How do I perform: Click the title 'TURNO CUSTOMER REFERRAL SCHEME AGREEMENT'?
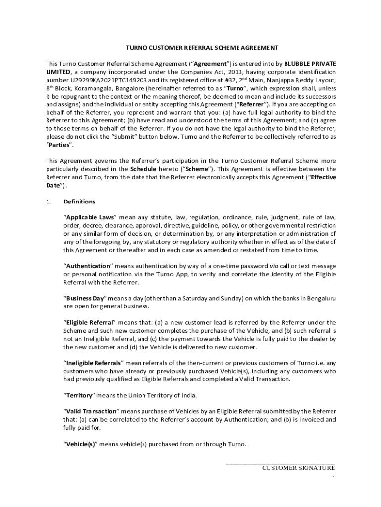201,48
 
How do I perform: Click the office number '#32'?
215,80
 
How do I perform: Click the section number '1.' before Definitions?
48,202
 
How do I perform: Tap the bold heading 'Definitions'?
79,202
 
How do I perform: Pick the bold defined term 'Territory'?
79,395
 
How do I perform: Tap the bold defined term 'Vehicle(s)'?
80,444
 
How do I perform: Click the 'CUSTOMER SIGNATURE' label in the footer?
298,467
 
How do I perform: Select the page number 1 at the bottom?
333,475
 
